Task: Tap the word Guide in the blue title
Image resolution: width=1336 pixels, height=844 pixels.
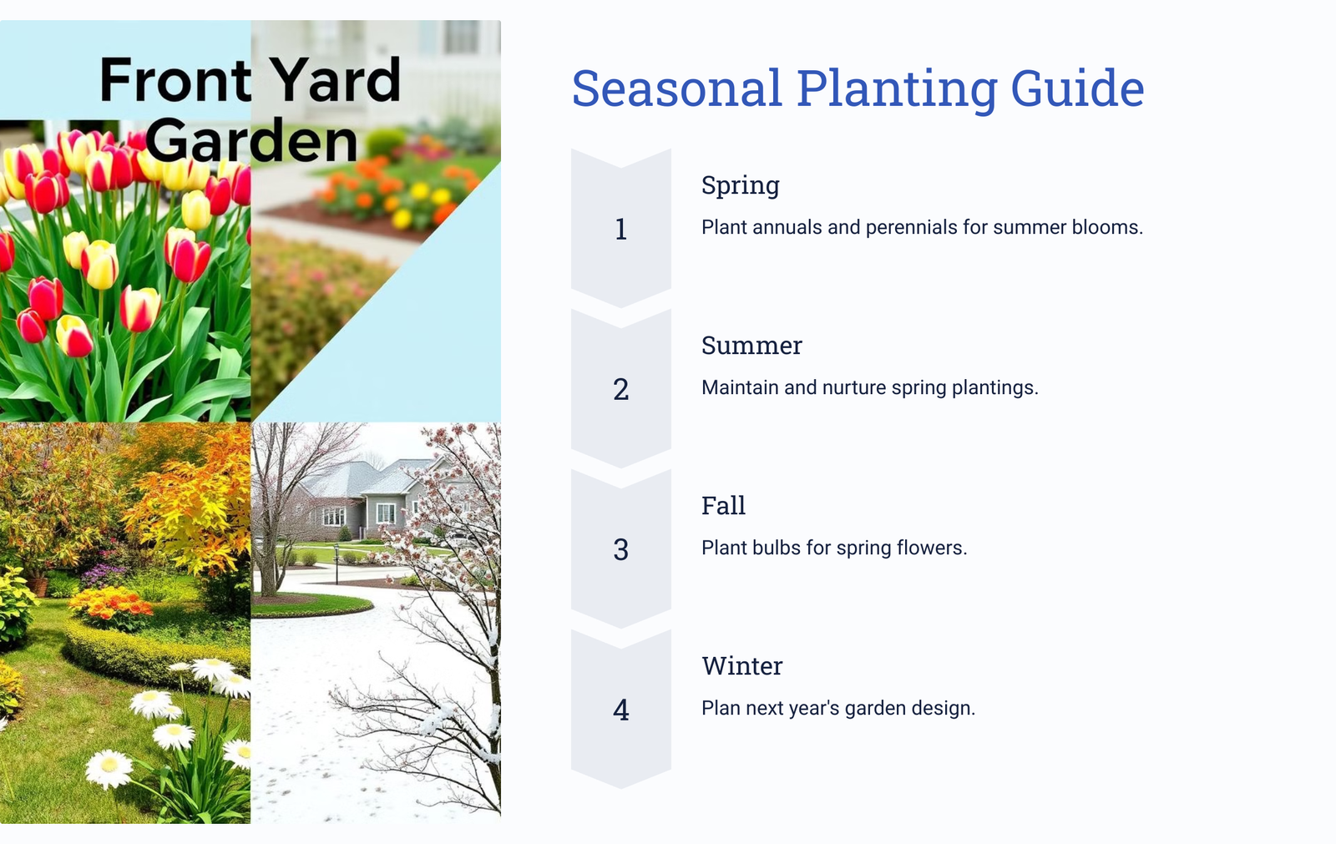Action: [1077, 88]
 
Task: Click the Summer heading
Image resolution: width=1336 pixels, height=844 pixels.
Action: [751, 346]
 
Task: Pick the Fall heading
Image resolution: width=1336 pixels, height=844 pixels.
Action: [723, 506]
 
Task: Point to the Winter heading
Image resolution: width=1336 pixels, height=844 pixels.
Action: [742, 665]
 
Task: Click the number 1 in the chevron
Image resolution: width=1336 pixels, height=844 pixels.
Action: [621, 229]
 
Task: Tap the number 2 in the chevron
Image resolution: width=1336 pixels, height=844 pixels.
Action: [621, 390]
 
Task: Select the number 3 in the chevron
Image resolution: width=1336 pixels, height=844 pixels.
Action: [621, 550]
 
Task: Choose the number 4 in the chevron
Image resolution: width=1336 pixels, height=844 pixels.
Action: [621, 710]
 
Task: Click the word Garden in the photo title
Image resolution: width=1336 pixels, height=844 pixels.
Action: [251, 141]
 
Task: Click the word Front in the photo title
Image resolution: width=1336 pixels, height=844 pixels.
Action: [175, 80]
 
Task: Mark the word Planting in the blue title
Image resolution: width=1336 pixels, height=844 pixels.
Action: [897, 88]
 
